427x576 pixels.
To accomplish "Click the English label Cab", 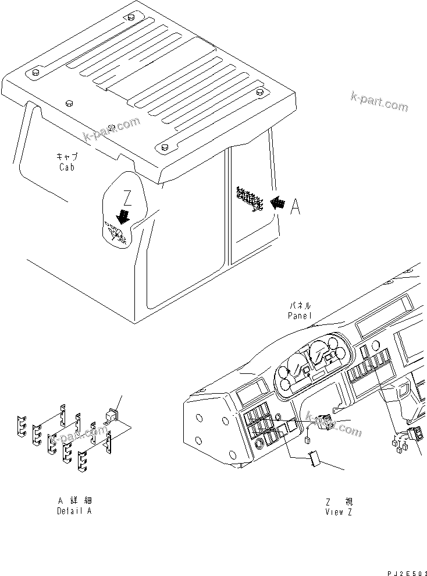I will pyautogui.click(x=67, y=167).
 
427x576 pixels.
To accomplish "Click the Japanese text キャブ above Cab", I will pyautogui.click(x=66, y=157).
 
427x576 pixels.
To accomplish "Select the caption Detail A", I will pyautogui.click(x=74, y=511).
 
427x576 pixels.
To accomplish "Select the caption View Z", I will pyautogui.click(x=339, y=512).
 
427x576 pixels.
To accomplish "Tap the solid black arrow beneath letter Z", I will pyautogui.click(x=123, y=217).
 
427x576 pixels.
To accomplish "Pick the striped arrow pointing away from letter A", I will pyautogui.click(x=278, y=202).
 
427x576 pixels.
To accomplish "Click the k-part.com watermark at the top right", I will pyautogui.click(x=379, y=101).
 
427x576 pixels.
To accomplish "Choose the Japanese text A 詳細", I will pyautogui.click(x=74, y=501).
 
